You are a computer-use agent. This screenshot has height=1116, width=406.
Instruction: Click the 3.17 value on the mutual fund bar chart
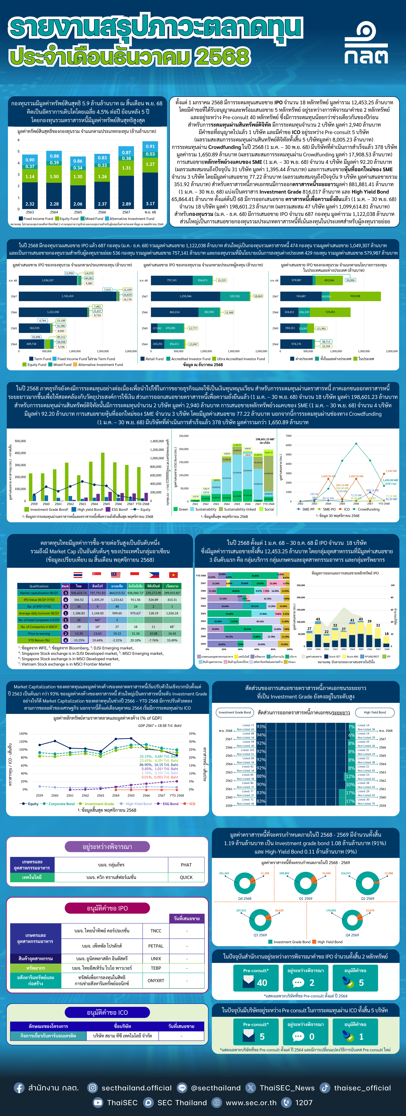(x=150, y=204)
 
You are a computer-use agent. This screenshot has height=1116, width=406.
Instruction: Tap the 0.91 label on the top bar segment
(x=150, y=146)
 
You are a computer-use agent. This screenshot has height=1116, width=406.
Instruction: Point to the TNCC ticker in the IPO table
(x=156, y=931)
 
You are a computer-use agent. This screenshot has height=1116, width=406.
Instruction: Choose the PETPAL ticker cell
(x=156, y=946)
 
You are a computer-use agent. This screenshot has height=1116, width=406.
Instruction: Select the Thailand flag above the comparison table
(x=78, y=575)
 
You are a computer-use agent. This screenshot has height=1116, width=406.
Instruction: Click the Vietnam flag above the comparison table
(x=173, y=575)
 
